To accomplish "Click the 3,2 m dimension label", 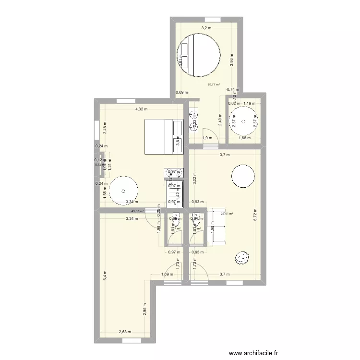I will [206, 28].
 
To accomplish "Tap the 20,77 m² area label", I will [214, 85].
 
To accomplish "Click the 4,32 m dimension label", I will [141, 109].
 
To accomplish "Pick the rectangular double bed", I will [164, 137].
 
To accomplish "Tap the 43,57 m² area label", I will [137, 210].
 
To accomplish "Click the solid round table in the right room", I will [244, 177].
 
